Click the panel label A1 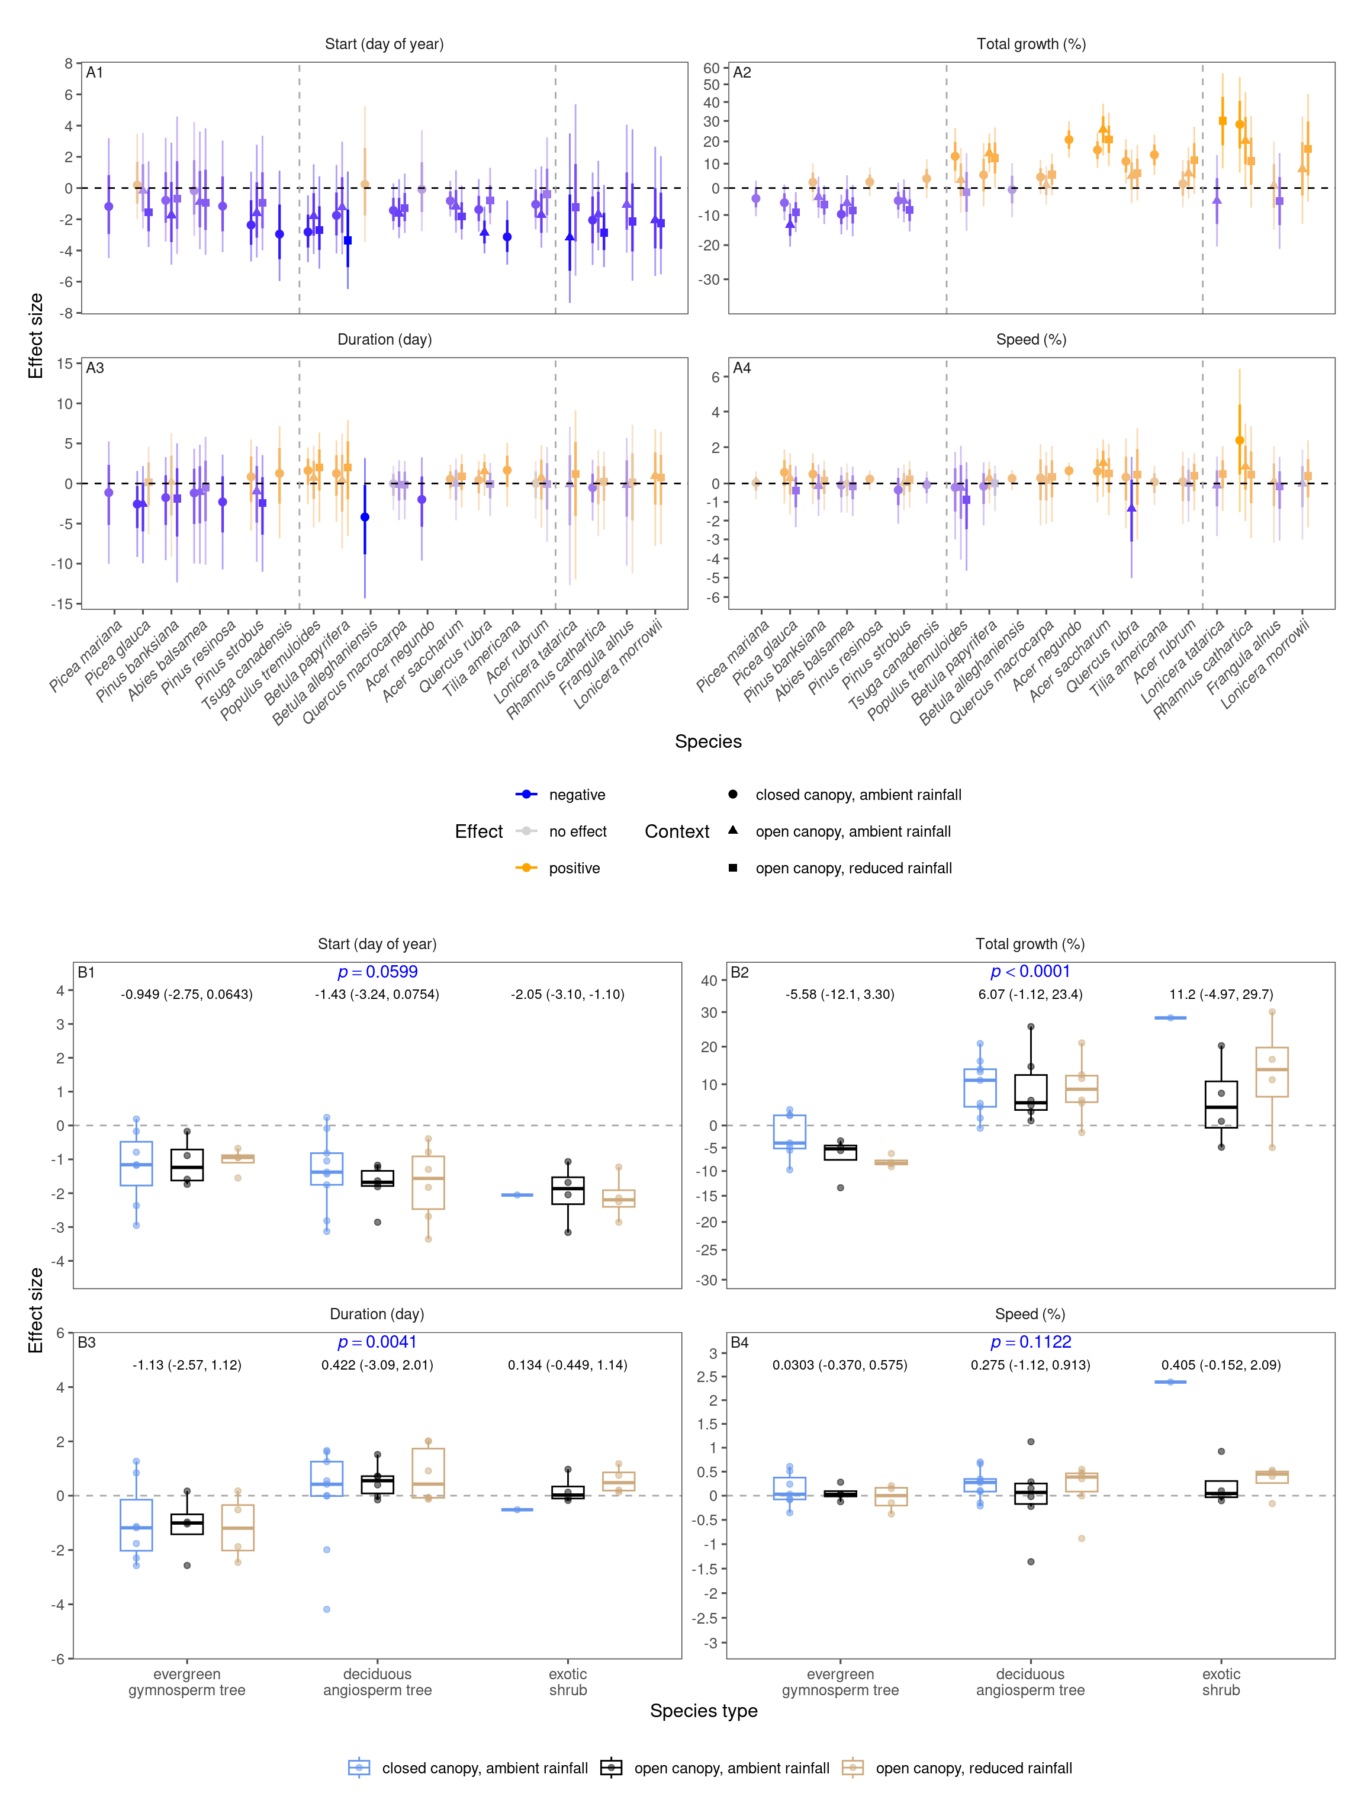coord(95,72)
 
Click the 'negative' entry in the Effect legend coord(577,795)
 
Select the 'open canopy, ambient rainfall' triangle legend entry coord(852,831)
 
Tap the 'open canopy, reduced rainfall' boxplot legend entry coord(973,1769)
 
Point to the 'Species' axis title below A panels coord(708,742)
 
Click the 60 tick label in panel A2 coord(711,68)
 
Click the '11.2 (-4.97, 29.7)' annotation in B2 coord(1220,994)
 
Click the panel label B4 coord(739,1343)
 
